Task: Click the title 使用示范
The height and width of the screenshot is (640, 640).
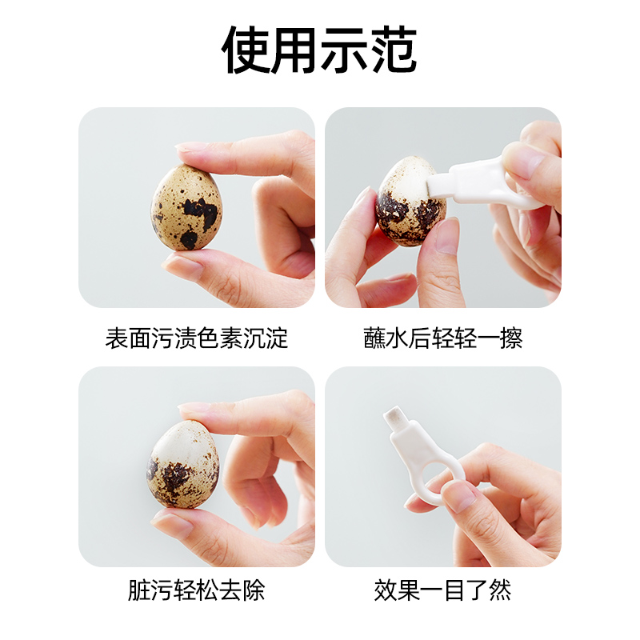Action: [x=319, y=50]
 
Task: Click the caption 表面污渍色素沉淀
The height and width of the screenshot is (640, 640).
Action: [x=197, y=338]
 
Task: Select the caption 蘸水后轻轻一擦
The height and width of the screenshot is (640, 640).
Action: [x=443, y=338]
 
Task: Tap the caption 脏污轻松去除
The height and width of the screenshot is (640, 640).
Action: [x=197, y=590]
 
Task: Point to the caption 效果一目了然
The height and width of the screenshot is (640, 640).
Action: [x=443, y=590]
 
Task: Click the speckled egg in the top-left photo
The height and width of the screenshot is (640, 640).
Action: [x=186, y=206]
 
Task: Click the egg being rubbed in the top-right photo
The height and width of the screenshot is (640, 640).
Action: [x=410, y=202]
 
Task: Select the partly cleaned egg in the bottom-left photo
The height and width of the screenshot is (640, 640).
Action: [x=183, y=465]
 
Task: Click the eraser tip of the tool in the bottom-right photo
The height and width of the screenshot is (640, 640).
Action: [x=394, y=417]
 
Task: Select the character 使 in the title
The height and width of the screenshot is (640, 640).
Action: [x=246, y=50]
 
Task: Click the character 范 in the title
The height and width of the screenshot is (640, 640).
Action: [x=393, y=50]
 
